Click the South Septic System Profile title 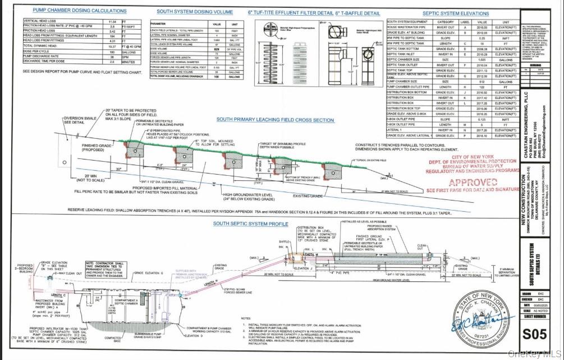click(250, 224)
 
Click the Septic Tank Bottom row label click(403, 49)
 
